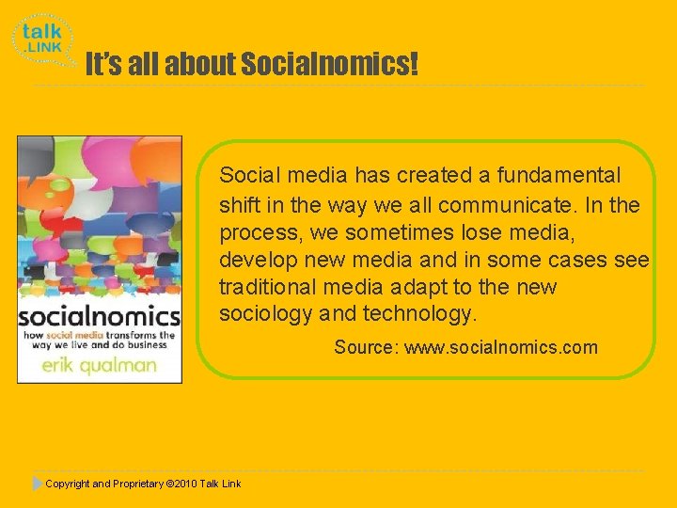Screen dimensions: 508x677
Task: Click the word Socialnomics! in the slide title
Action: tap(329, 65)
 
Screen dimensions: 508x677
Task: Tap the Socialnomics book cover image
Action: tap(100, 259)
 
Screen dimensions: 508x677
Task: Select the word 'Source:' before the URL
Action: tap(367, 347)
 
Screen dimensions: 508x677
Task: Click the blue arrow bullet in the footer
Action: tap(37, 484)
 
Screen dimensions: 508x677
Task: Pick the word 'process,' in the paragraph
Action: tap(256, 232)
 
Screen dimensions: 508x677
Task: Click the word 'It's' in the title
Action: tap(102, 65)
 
